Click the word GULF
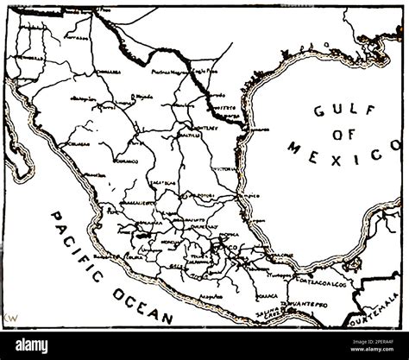tap(335, 111)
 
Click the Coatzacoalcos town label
tap(319, 282)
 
